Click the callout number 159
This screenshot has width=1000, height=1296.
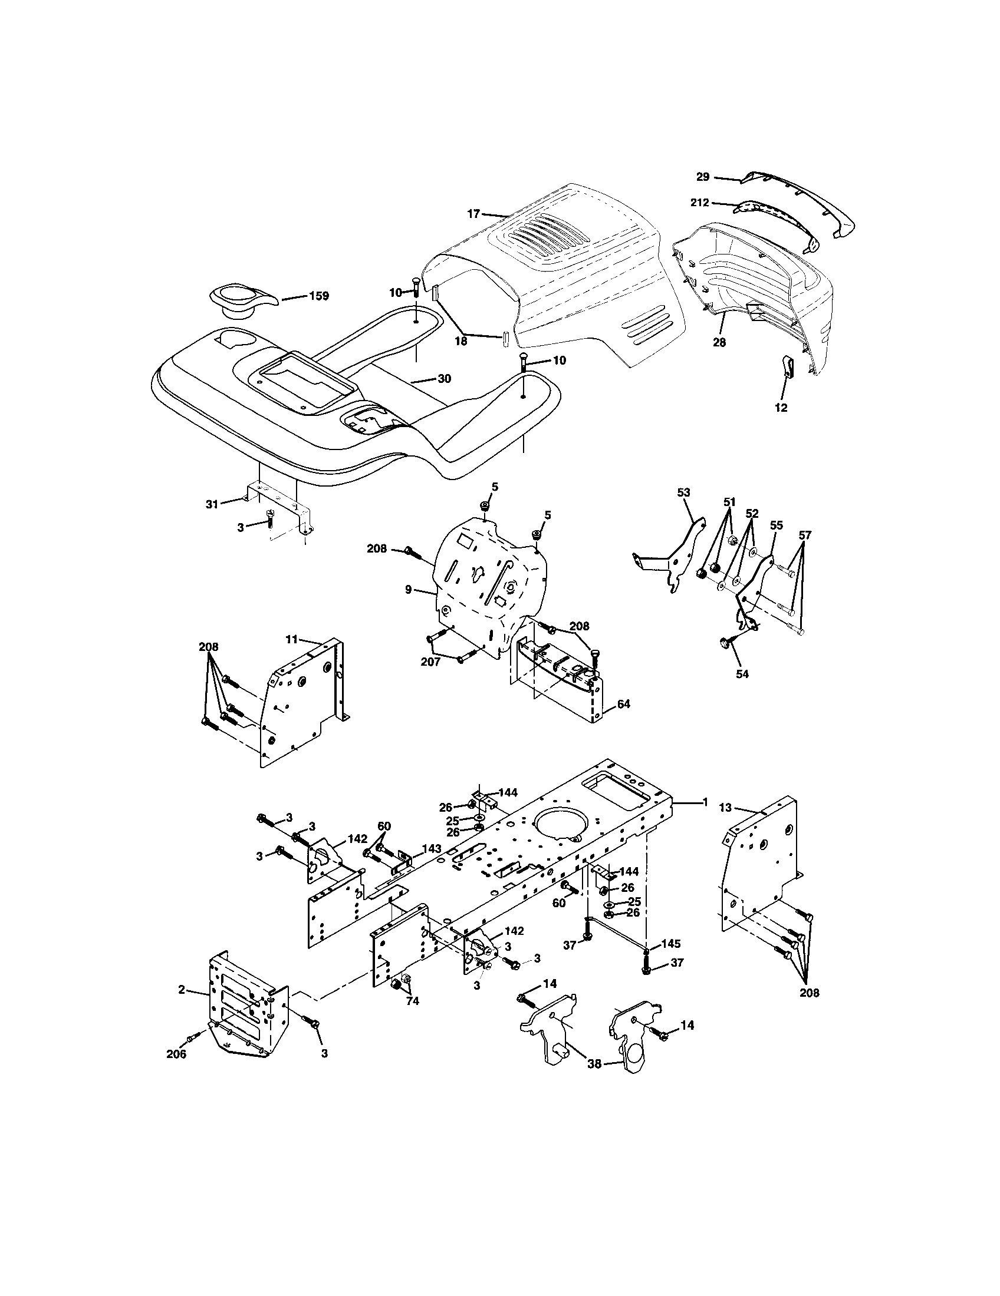(319, 296)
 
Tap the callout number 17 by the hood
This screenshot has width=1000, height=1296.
(473, 214)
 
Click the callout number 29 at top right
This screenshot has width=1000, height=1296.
(702, 177)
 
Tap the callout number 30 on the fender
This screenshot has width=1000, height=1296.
(444, 379)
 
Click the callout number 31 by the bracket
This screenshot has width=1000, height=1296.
(212, 504)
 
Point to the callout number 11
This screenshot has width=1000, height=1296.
(291, 639)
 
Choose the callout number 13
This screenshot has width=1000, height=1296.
(725, 808)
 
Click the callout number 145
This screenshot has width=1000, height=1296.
(670, 944)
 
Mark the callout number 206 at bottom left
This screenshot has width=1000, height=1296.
(176, 1054)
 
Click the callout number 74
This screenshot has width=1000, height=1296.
(412, 1001)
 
